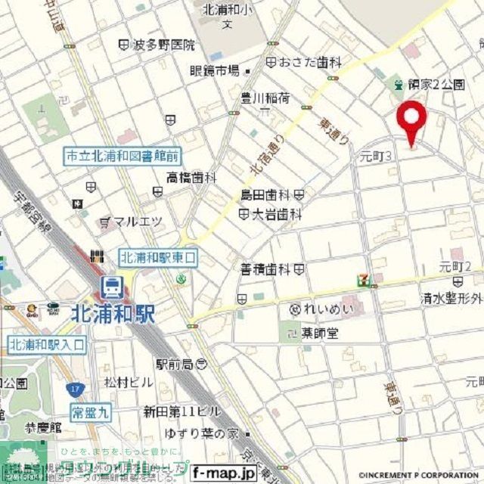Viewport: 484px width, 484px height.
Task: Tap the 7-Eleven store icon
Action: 366,280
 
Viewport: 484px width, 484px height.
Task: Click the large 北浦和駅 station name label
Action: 113,313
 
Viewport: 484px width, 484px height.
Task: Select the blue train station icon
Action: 111,286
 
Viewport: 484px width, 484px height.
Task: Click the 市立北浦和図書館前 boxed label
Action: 122,157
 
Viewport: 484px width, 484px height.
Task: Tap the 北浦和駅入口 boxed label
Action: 47,345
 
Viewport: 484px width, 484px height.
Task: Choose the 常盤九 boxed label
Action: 91,412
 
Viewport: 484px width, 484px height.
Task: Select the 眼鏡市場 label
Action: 214,71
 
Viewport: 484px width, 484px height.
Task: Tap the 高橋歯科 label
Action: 192,178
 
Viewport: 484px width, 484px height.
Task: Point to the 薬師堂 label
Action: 319,333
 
